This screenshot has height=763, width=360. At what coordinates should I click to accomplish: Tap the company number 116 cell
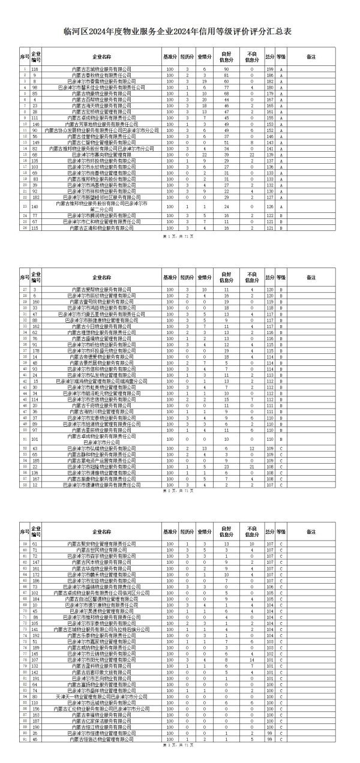coord(35,70)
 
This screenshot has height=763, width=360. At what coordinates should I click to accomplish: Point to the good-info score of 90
coord(226,70)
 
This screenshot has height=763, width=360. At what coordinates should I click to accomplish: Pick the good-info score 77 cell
coord(226,87)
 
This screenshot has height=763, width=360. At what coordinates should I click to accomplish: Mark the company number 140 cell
coord(35,206)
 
